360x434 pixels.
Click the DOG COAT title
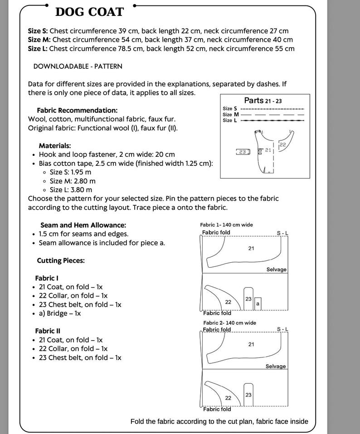pyautogui.click(x=89, y=12)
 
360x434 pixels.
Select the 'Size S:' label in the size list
pyautogui.click(x=38, y=31)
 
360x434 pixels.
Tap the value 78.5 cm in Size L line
pyautogui.click(x=131, y=48)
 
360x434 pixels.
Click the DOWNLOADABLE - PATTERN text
pyautogui.click(x=78, y=66)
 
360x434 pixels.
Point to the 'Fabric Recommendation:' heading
pyautogui.click(x=77, y=110)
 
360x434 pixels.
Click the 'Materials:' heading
pyautogui.click(x=55, y=145)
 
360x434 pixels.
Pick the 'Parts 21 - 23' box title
pyautogui.click(x=263, y=101)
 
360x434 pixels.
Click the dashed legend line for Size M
pyautogui.click(x=272, y=114)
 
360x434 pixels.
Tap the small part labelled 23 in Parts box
pyautogui.click(x=243, y=152)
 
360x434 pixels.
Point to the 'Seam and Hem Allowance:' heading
pyautogui.click(x=83, y=225)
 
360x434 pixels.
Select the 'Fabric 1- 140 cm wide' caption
pyautogui.click(x=227, y=225)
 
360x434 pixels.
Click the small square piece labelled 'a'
pyautogui.click(x=258, y=304)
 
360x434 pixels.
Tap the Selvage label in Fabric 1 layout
pyautogui.click(x=277, y=269)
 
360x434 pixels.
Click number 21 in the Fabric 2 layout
pyautogui.click(x=251, y=344)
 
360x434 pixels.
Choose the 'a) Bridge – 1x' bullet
pyautogui.click(x=60, y=313)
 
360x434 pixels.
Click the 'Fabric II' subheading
pyautogui.click(x=48, y=331)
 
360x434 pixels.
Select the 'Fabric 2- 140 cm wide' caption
pyautogui.click(x=229, y=323)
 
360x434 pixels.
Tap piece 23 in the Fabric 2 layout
pyautogui.click(x=248, y=395)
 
